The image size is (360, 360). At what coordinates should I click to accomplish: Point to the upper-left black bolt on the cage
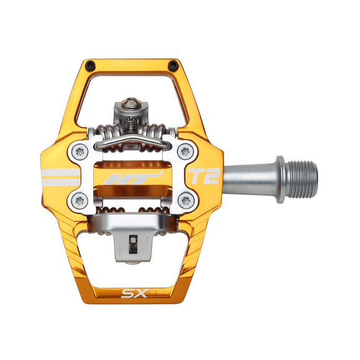(x=91, y=65)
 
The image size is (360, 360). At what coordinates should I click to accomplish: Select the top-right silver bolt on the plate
(x=184, y=151)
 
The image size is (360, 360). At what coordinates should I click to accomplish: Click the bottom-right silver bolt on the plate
(x=184, y=200)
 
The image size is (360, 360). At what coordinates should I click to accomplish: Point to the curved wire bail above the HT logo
(x=133, y=144)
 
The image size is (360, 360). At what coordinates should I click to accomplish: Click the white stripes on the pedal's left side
(x=59, y=176)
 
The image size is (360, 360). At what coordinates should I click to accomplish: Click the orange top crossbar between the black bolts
(x=132, y=64)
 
